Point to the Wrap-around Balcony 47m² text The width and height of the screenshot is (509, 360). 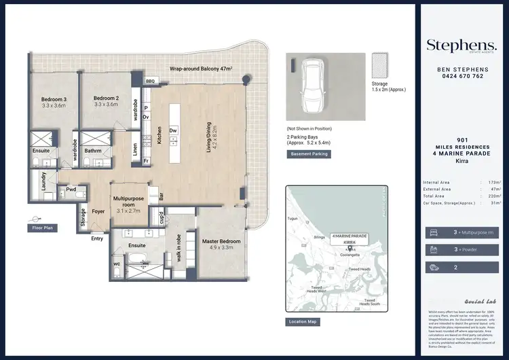(x=201, y=69)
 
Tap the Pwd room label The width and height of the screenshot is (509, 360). (x=71, y=191)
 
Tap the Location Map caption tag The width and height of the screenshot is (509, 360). (x=303, y=321)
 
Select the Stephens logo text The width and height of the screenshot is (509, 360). (x=461, y=45)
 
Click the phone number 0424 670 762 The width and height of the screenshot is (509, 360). (x=461, y=76)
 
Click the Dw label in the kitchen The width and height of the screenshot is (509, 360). (x=173, y=130)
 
